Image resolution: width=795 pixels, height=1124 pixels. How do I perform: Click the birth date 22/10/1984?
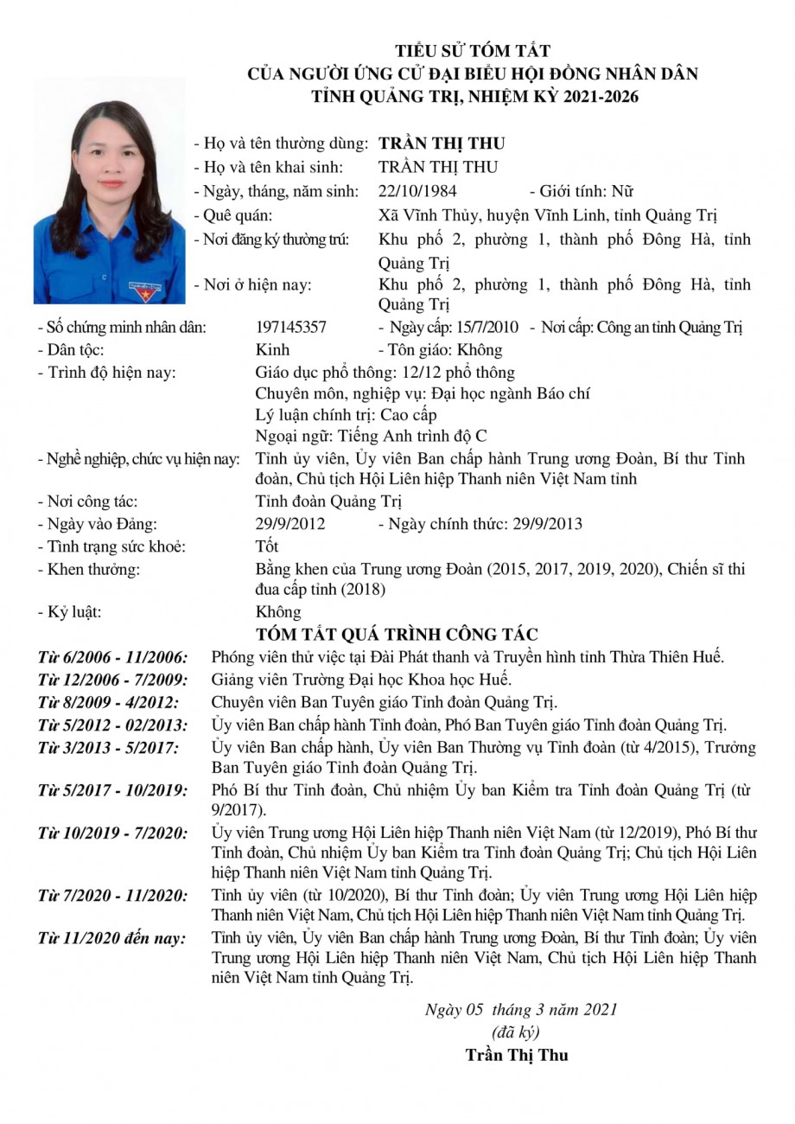click(418, 191)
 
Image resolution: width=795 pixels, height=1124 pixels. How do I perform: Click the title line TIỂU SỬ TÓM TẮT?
click(472, 52)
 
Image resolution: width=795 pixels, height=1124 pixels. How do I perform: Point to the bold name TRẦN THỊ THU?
click(442, 144)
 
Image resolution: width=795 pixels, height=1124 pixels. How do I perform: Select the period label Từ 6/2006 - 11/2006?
click(111, 656)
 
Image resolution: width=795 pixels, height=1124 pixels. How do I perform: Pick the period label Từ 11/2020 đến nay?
click(111, 937)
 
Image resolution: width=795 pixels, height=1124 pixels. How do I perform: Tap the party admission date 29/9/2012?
click(291, 523)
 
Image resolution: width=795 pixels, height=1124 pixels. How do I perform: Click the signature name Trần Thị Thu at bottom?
click(517, 1054)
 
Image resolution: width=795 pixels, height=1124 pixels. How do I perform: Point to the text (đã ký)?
click(515, 1031)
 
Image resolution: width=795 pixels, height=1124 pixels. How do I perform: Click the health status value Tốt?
click(267, 546)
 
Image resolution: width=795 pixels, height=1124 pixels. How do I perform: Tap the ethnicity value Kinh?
click(273, 350)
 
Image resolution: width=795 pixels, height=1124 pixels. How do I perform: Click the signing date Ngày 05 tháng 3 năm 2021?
click(521, 1009)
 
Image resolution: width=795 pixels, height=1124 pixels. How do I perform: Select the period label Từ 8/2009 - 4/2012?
click(108, 701)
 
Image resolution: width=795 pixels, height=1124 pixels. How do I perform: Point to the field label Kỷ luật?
click(70, 612)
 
